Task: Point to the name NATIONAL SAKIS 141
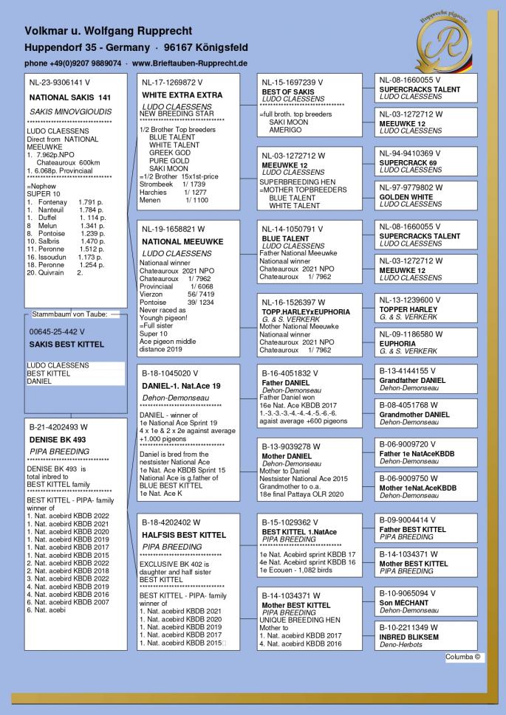pos(69,97)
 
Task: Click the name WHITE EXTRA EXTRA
pos(181,96)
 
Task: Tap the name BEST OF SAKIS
pos(288,91)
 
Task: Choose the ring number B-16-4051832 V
pos(295,373)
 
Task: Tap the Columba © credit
pos(464,657)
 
